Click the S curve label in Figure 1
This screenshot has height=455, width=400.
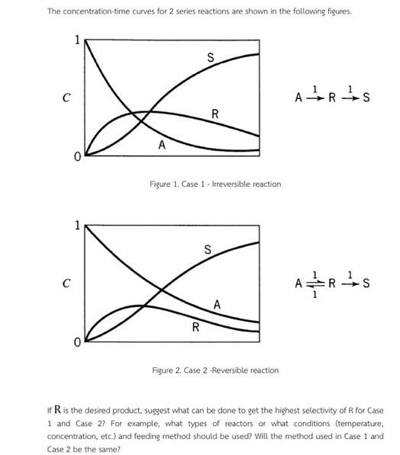[x=211, y=57]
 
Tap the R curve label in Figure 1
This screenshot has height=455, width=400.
[x=215, y=114]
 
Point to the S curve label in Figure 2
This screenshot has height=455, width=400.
[x=208, y=249]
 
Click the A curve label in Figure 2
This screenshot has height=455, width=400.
[x=218, y=304]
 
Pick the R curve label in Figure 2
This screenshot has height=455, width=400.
[x=195, y=328]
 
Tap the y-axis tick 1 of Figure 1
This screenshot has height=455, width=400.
[x=76, y=41]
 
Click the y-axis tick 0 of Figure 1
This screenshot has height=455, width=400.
[x=76, y=156]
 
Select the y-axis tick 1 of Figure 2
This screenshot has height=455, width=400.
[x=76, y=226]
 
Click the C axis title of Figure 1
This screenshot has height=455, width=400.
[x=67, y=98]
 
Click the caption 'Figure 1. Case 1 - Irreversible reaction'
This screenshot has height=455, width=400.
[x=215, y=184]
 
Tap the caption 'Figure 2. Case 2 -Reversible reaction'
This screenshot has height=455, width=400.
[x=215, y=370]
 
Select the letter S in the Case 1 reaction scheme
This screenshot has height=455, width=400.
[x=366, y=98]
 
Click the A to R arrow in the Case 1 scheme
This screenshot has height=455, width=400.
[x=314, y=98]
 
